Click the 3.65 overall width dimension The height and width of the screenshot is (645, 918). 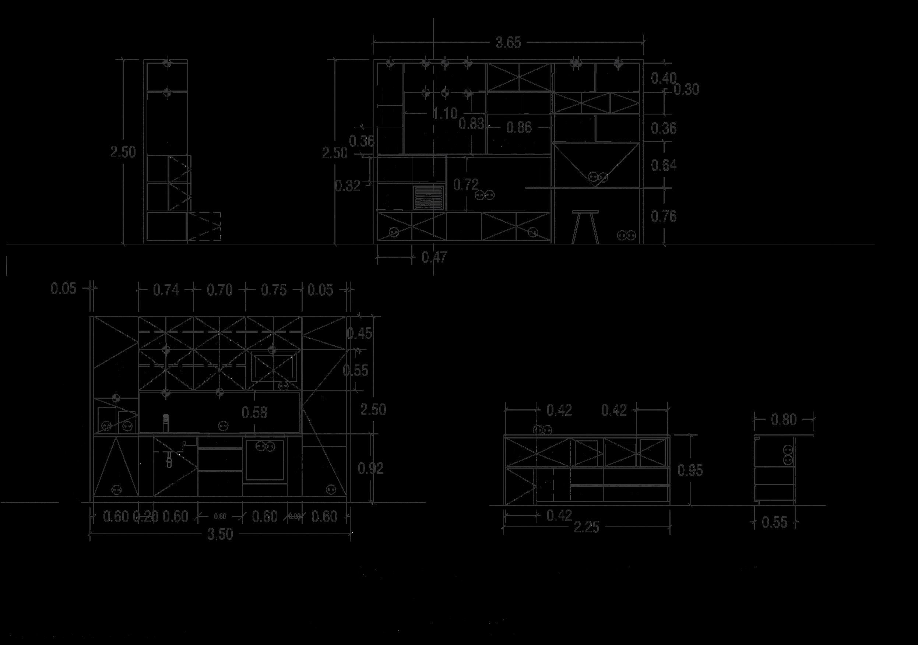tap(508, 43)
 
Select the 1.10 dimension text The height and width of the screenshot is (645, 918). tap(445, 114)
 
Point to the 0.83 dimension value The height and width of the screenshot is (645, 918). tap(471, 124)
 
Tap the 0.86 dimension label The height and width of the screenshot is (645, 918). tap(518, 127)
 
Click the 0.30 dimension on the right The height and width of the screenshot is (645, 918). tap(686, 90)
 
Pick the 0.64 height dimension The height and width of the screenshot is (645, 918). tap(664, 165)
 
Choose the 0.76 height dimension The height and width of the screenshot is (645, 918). tap(664, 216)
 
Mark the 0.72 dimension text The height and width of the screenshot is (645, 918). tap(466, 185)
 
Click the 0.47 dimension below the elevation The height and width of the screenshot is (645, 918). tap(434, 257)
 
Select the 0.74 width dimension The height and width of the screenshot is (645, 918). tap(166, 290)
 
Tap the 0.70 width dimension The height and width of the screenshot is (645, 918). tap(219, 290)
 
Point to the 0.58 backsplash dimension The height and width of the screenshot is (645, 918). tap(254, 412)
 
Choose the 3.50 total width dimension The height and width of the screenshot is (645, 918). tap(220, 535)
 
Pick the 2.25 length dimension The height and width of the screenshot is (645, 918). tap(587, 528)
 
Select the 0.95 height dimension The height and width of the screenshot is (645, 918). tap(690, 471)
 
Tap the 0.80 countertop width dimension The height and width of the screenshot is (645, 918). tap(784, 420)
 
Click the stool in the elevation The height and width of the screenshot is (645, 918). tap(585, 226)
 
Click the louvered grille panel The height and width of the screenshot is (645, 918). tap(429, 198)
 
